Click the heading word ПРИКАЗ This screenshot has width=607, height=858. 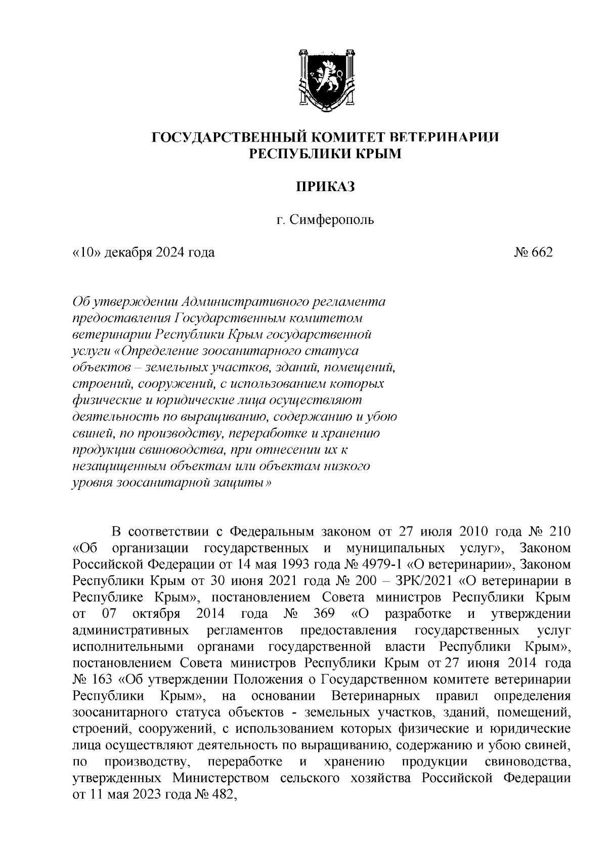coord(326,187)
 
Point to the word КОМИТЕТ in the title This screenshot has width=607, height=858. coord(342,138)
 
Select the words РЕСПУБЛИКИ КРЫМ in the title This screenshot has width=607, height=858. coord(326,154)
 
